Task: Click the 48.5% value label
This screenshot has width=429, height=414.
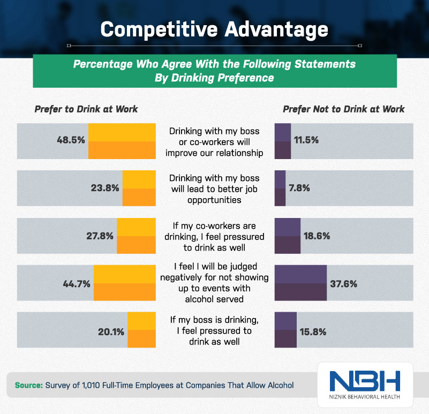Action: [71, 141]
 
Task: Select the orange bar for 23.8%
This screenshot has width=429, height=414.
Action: [139, 189]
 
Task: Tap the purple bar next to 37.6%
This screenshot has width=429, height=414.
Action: [300, 283]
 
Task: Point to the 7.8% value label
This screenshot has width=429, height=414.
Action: [299, 189]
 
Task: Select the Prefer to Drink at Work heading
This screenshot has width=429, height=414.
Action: [86, 109]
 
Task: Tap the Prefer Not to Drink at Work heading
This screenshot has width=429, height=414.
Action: [343, 109]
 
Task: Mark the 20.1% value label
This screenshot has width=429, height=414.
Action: [111, 331]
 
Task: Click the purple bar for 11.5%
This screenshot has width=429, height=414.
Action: [283, 141]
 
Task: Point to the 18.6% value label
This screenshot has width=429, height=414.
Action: [317, 236]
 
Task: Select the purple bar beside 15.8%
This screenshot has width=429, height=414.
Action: [285, 330]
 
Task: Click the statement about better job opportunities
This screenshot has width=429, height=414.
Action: [214, 189]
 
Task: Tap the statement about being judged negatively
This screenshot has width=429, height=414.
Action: [214, 283]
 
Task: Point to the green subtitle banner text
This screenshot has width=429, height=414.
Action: [214, 70]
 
